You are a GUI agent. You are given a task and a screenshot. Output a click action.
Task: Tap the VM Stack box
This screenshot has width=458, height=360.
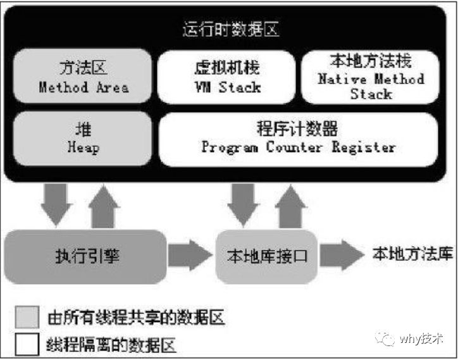(226, 77)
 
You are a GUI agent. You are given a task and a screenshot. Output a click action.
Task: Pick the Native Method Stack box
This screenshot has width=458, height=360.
(370, 77)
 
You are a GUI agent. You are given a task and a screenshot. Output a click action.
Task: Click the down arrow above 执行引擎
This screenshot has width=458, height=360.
(56, 204)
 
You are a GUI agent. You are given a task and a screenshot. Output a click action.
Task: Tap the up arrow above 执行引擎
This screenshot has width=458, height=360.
(105, 204)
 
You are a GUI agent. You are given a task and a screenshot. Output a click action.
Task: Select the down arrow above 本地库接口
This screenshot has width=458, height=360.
(244, 204)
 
